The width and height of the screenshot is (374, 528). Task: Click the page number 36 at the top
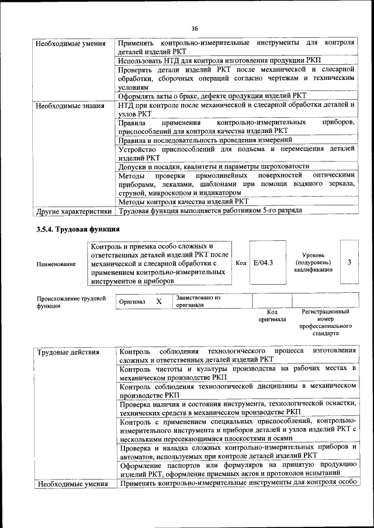[195, 27]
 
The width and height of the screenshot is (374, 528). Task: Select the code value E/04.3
[263, 263]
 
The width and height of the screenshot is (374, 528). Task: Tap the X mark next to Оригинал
[158, 301]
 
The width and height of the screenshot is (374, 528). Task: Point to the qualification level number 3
[349, 263]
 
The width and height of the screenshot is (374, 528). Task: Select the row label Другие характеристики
[73, 210]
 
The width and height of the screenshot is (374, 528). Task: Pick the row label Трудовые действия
[68, 352]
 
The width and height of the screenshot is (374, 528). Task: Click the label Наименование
[56, 264]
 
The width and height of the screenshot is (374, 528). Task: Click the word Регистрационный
[325, 312]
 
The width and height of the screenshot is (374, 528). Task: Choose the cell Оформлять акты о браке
[212, 96]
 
